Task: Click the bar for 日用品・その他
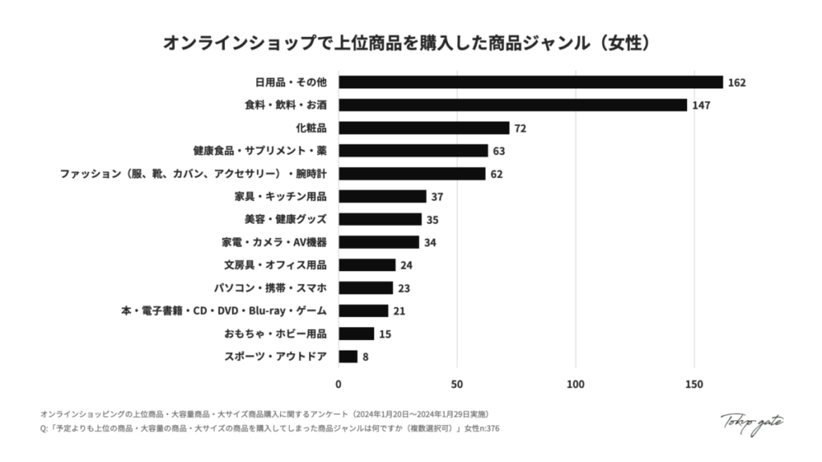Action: pyautogui.click(x=531, y=82)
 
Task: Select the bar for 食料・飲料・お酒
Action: pyautogui.click(x=512, y=105)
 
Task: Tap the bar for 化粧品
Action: pyautogui.click(x=424, y=128)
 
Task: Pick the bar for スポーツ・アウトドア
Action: pyautogui.click(x=348, y=356)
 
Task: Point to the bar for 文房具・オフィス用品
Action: pyautogui.click(x=367, y=265)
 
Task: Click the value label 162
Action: pyautogui.click(x=738, y=83)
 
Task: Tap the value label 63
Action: pyautogui.click(x=498, y=151)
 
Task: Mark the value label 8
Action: pyautogui.click(x=365, y=357)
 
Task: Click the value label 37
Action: pyautogui.click(x=437, y=197)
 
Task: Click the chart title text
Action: pyautogui.click(x=410, y=42)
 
